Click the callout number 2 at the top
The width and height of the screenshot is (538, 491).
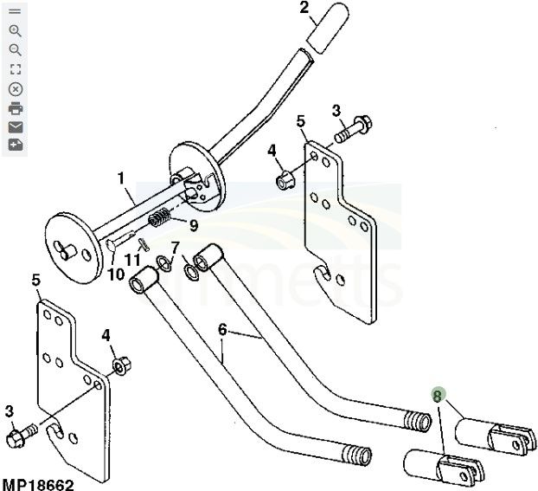coord(304,9)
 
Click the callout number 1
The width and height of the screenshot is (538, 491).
coord(122,178)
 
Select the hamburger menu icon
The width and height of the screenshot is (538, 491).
coord(15,11)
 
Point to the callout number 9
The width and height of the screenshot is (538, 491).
coord(194,225)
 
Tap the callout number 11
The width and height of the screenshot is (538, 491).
coord(132,259)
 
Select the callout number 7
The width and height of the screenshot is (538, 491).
coord(175,247)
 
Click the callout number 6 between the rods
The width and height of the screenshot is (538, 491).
coord(222,329)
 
